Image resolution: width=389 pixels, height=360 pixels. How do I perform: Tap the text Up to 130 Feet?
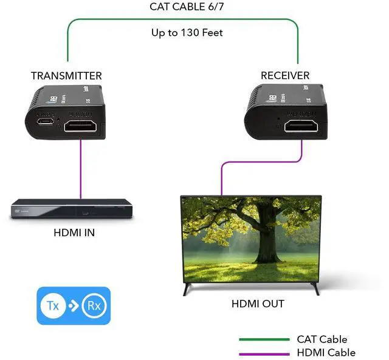pos(187,32)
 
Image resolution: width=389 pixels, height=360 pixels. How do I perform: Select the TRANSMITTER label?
pos(66,76)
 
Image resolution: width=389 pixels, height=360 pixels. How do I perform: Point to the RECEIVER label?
pos(285,76)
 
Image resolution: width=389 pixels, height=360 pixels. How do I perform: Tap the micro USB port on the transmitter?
pos(44,122)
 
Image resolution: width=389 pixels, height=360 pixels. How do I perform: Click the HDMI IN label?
pos(74,233)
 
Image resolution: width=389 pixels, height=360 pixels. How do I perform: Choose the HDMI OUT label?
pos(258,304)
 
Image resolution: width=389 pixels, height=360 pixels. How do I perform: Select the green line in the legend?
pos(264,340)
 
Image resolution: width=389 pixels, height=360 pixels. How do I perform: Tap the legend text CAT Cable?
pos(322,339)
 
